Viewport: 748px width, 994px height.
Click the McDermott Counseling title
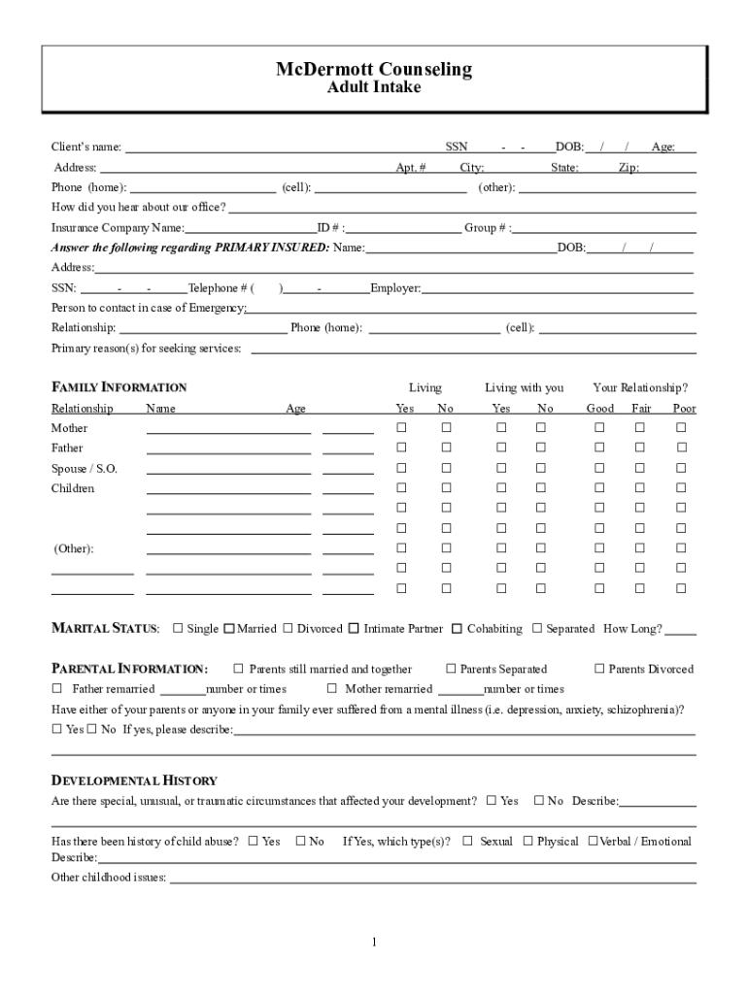pos(374,69)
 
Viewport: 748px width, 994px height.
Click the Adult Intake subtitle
pos(374,88)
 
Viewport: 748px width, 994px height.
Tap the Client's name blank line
pos(282,149)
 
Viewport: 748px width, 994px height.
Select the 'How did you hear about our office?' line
pos(461,208)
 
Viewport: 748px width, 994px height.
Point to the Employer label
pos(394,288)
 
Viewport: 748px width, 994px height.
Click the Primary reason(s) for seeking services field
pos(473,348)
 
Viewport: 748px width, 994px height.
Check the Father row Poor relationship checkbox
pos(682,448)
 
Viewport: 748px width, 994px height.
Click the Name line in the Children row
pos(228,489)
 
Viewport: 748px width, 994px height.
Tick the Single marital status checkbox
pos(178,629)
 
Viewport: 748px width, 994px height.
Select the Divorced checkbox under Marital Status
pos(288,629)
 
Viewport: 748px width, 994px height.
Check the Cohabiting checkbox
pos(457,629)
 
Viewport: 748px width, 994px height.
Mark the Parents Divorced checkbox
pos(599,669)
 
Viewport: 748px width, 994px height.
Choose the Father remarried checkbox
pos(56,689)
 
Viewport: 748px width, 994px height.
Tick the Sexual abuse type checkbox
pos(467,842)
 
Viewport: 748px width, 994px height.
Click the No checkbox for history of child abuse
pos(300,842)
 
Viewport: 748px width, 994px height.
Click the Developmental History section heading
pos(134,781)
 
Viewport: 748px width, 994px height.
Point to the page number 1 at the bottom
pos(374,942)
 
